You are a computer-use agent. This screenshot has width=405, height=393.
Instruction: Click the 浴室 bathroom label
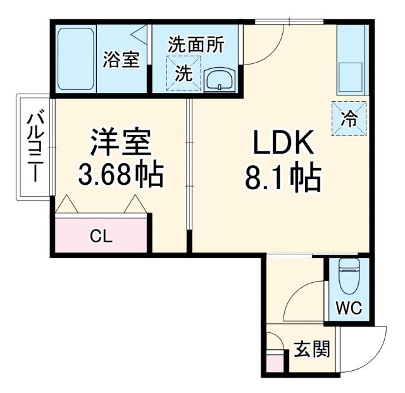pyautogui.click(x=121, y=61)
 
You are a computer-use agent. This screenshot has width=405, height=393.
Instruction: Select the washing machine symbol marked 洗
pyautogui.click(x=182, y=72)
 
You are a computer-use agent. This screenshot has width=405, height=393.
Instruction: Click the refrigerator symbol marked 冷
pyautogui.click(x=349, y=118)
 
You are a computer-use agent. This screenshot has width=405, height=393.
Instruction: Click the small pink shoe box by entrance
pyautogui.click(x=275, y=363)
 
